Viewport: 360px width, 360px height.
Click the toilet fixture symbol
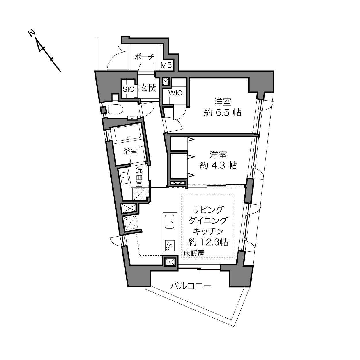pyautogui.click(x=115, y=109)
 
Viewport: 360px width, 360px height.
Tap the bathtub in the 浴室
pyautogui.click(x=128, y=133)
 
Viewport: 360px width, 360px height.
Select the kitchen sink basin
pyautogui.click(x=169, y=221)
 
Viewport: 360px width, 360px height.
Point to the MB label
pyautogui.click(x=166, y=65)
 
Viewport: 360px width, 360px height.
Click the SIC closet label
pyautogui.click(x=129, y=89)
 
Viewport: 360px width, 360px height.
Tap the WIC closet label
pyautogui.click(x=175, y=93)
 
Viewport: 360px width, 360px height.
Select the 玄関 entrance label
pyautogui.click(x=148, y=88)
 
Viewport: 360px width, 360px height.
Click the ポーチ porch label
pyautogui.click(x=144, y=57)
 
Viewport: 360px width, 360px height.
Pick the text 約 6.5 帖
pyautogui.click(x=223, y=113)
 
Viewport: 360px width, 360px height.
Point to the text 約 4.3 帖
pyautogui.click(x=218, y=166)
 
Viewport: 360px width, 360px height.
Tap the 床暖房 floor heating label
pyautogui.click(x=194, y=254)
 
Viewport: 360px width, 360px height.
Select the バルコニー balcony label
pyautogui.click(x=191, y=286)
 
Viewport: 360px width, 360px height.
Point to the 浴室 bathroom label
pyautogui.click(x=131, y=151)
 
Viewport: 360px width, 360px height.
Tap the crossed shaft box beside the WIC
pyautogui.click(x=166, y=82)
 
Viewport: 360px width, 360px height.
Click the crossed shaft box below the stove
pyautogui.click(x=170, y=262)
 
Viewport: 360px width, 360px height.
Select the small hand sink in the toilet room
pyautogui.click(x=132, y=118)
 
